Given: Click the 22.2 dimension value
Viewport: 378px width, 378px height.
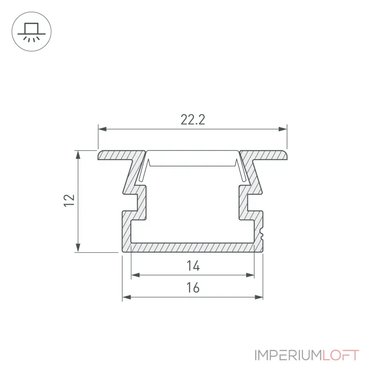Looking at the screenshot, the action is coord(193,120).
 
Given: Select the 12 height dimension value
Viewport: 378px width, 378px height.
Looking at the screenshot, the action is coord(69,200).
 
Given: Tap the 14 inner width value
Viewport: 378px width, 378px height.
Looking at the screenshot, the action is coord(193,266).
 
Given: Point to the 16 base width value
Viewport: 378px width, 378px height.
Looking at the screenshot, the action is coord(193,288).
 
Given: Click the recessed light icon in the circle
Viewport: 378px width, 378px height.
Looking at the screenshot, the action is coord(32,32).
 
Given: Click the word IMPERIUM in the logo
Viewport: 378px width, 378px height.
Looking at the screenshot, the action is coord(288,355).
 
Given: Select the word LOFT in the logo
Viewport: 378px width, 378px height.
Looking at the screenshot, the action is coord(341,355).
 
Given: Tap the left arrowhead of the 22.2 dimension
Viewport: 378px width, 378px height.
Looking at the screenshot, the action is coord(102,129).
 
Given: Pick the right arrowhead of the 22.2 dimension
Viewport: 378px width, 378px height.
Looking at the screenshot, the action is coord(283,129).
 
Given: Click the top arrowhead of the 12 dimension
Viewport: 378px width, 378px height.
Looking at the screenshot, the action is coord(78,155).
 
